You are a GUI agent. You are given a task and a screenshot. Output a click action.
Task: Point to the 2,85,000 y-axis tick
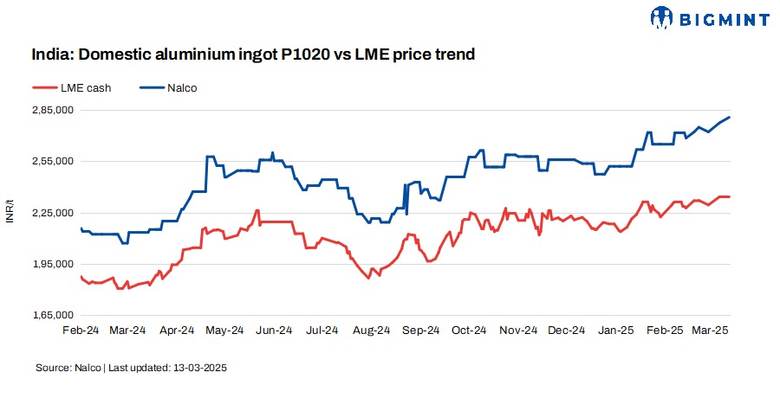[52, 110]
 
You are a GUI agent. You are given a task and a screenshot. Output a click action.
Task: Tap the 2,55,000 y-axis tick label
[52, 161]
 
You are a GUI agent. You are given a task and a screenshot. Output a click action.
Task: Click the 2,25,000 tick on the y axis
[52, 212]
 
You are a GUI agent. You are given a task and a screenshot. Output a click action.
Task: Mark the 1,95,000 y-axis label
[52, 264]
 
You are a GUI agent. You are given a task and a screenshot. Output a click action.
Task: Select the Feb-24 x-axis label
[81, 331]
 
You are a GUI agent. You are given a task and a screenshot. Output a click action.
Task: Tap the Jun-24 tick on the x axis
[275, 331]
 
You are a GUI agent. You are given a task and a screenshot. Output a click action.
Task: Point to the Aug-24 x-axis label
[374, 331]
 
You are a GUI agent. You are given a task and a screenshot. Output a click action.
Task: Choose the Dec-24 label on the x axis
[569, 331]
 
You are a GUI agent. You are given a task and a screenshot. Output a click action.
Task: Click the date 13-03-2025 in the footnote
[198, 368]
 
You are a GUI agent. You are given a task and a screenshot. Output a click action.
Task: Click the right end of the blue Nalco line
[730, 117]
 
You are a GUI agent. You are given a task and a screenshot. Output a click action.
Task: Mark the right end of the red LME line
[730, 197]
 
